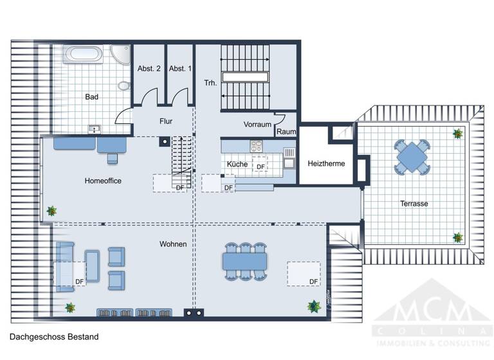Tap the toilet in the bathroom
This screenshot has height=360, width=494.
(x=123, y=84)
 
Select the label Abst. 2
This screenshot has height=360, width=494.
(x=149, y=68)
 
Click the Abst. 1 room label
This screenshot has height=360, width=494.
(x=180, y=68)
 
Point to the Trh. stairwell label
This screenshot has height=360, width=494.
(x=210, y=83)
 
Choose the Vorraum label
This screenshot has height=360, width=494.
(x=258, y=124)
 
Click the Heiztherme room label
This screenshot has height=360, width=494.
(x=327, y=164)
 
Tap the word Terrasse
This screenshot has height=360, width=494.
(x=414, y=204)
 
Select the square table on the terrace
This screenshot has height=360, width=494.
(x=410, y=156)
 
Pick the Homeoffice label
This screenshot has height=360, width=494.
(x=103, y=181)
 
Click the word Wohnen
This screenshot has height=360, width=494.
(x=174, y=244)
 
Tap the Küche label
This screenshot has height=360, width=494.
(x=237, y=165)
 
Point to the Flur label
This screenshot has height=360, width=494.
(x=166, y=121)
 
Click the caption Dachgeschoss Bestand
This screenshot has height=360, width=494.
(x=53, y=336)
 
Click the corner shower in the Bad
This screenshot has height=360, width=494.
(x=120, y=53)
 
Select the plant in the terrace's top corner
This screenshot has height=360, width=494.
(x=457, y=134)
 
